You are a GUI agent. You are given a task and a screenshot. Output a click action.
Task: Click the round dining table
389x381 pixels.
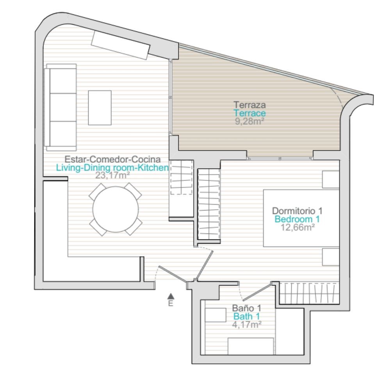point(116,209)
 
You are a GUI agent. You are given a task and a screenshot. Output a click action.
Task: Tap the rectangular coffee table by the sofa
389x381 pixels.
point(100,108)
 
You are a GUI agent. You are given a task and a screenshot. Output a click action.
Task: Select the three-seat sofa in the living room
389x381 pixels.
point(60,107)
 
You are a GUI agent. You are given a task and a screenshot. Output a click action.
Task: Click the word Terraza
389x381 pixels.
point(250,104)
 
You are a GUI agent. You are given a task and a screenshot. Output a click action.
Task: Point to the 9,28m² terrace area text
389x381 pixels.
point(249,121)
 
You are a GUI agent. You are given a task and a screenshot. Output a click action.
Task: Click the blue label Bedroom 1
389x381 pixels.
point(297,219)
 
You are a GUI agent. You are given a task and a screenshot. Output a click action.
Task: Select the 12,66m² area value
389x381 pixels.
point(298,227)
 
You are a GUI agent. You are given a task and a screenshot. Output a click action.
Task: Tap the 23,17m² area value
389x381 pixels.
point(112,175)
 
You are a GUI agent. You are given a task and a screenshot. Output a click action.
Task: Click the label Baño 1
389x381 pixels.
point(246,308)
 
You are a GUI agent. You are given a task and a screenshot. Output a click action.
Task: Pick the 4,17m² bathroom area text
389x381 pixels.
point(246,324)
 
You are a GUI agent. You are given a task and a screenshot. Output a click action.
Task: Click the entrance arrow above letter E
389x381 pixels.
point(171,296)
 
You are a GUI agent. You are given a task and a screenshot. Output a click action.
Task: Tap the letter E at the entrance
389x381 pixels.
point(171,303)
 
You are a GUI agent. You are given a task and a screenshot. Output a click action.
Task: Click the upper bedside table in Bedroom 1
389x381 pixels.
point(331,180)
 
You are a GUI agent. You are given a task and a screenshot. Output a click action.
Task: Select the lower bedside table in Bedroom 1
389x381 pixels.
point(331,257)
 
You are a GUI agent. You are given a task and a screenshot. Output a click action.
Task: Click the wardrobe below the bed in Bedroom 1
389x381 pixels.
point(309,293)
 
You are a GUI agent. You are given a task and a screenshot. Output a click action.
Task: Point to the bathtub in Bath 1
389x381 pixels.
point(251,346)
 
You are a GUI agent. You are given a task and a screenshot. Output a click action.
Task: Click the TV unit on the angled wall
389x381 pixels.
point(121,45)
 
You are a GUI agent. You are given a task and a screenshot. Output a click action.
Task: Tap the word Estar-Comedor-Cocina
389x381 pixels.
point(112,159)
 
